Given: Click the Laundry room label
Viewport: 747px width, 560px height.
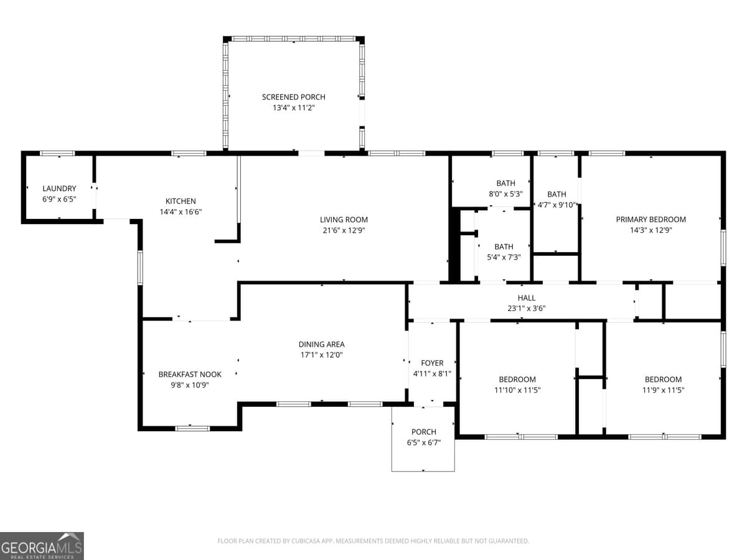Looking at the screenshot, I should pos(59,189).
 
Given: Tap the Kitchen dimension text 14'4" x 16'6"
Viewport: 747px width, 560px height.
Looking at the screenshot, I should pos(181,212).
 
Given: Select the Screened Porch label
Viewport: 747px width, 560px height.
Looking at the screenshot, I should pos(293,97).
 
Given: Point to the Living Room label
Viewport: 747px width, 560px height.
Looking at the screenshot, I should pos(344,220).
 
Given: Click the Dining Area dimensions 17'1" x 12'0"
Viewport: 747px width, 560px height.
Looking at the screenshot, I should pos(321,355).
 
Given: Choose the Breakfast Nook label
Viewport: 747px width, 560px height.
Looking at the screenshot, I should pos(190,374).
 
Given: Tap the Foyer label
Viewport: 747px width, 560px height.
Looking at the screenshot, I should pos(432,363).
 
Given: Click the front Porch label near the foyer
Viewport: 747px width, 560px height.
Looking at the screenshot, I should pos(423,432).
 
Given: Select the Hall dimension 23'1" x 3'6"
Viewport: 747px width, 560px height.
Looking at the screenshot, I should pos(526,308).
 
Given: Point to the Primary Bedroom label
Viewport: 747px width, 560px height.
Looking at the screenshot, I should pos(651,219).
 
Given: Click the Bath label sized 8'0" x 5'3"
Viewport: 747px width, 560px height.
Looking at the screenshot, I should pos(505,183).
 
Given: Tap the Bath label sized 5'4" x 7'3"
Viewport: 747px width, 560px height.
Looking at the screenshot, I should pos(504,247).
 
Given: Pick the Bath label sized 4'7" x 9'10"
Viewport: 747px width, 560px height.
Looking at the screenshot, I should pos(557,194).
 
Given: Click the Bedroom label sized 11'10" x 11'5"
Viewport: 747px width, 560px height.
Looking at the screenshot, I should pos(517,380).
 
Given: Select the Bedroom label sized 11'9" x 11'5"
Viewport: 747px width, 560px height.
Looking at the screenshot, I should pos(663,380).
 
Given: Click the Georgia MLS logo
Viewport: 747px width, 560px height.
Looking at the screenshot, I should pos(42,546).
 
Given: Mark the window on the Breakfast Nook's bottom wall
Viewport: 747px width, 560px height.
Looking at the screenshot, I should pos(192,428).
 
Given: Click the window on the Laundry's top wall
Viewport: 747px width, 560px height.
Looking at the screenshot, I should pos(57,153).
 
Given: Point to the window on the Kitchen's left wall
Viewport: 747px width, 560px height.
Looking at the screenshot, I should pos(140,268).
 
